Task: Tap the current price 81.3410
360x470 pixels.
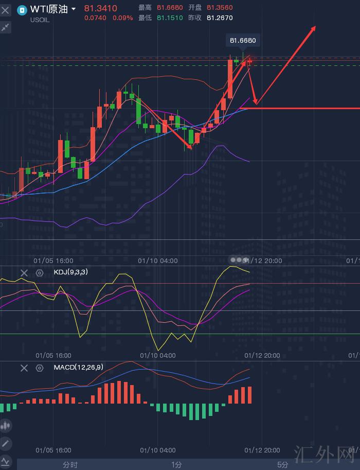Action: [x=100, y=9]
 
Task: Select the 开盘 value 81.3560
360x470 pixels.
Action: [x=220, y=8]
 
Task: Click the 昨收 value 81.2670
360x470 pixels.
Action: [x=220, y=18]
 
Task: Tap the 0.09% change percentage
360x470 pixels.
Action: [x=122, y=18]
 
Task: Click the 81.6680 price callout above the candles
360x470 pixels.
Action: [x=243, y=41]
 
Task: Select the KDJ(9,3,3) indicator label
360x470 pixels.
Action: [x=70, y=272]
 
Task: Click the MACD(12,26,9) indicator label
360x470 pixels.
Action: [x=78, y=367]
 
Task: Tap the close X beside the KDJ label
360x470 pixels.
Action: [x=24, y=273]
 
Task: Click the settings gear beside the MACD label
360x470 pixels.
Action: [x=40, y=368]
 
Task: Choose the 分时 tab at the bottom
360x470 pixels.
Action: [x=70, y=465]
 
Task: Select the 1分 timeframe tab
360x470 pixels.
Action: [x=176, y=465]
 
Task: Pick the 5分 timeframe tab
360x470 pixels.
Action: [x=283, y=465]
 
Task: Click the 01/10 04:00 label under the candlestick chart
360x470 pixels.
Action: [x=158, y=260]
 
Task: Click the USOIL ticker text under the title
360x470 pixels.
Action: [x=40, y=20]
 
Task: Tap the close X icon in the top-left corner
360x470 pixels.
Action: [x=5, y=10]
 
